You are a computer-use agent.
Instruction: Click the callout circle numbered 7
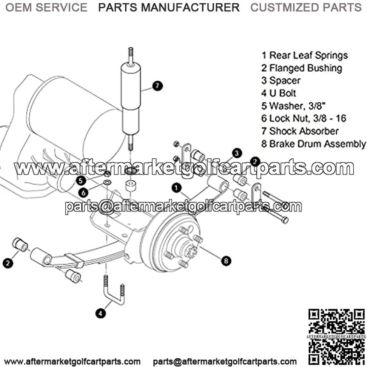(157, 86)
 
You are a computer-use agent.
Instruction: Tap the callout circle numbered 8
(226, 261)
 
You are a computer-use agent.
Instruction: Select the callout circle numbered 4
(100, 313)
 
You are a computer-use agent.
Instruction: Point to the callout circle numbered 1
(177, 188)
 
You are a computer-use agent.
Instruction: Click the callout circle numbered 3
(237, 153)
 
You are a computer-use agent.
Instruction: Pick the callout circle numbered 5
(81, 180)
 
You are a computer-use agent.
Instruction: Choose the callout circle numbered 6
(83, 193)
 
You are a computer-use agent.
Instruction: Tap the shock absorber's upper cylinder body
(131, 87)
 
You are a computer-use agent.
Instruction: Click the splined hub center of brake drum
(190, 250)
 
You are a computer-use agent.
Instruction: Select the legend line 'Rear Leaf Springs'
(305, 56)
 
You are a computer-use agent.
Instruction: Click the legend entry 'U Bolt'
(278, 93)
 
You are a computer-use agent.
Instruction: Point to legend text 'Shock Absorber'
(300, 131)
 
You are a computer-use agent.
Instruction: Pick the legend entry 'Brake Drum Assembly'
(314, 144)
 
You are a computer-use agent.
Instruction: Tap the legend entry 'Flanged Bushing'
(302, 68)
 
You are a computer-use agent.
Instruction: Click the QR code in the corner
(336, 337)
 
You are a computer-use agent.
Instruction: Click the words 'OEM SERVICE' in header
(46, 7)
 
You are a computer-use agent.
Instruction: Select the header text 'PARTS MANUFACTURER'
(169, 7)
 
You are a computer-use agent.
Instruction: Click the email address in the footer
(225, 361)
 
